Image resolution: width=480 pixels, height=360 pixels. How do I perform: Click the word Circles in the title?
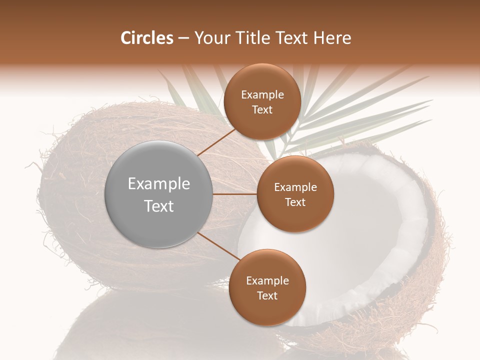tap(146, 38)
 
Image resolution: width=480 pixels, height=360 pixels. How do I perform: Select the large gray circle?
tap(159, 194)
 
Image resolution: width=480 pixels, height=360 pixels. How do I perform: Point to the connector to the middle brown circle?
tap(235, 194)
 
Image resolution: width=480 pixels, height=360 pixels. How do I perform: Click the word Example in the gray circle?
tap(159, 184)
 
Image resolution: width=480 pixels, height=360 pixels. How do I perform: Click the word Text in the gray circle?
tap(159, 206)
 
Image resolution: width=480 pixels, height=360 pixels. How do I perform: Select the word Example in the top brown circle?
tap(262, 95)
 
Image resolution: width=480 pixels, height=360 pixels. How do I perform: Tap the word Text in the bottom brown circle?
tap(267, 295)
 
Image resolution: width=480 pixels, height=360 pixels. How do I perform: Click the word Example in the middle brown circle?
tap(295, 187)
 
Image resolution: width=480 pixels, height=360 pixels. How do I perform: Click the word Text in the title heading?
tap(294, 38)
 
